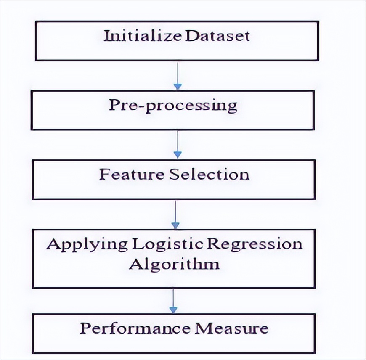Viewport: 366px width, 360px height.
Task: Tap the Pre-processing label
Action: pyautogui.click(x=173, y=105)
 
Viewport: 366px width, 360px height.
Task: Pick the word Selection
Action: pyautogui.click(x=209, y=174)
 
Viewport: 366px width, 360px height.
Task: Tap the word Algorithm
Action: pyautogui.click(x=174, y=264)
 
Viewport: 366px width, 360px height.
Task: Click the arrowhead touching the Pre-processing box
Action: pyautogui.click(x=178, y=87)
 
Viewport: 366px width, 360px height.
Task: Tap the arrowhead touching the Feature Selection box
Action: pyautogui.click(x=178, y=155)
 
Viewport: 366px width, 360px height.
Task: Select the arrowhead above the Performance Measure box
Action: pyautogui.click(x=173, y=310)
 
